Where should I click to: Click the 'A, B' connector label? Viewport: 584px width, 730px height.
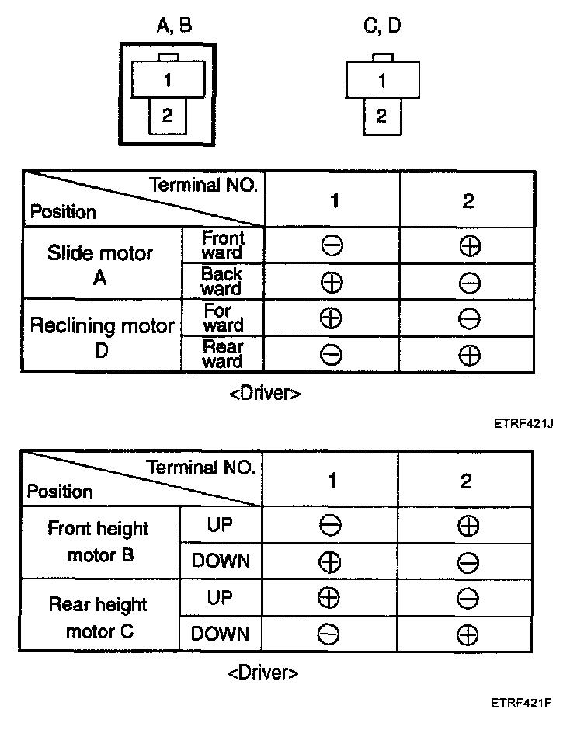pyautogui.click(x=174, y=26)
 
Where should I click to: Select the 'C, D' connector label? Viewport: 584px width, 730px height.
pyautogui.click(x=382, y=26)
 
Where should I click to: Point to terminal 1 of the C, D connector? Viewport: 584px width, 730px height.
pyautogui.click(x=381, y=80)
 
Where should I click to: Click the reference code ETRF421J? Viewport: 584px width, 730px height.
pyautogui.click(x=527, y=424)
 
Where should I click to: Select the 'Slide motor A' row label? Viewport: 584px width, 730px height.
pyautogui.click(x=100, y=264)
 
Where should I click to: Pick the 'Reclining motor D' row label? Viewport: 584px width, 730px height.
pyautogui.click(x=101, y=337)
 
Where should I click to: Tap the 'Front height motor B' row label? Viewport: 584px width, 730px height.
pyautogui.click(x=98, y=542)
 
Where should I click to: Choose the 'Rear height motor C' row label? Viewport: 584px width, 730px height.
pyautogui.click(x=98, y=617)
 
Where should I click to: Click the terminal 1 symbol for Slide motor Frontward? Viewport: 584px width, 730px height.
pyautogui.click(x=332, y=246)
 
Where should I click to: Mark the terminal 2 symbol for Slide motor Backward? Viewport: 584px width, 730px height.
pyautogui.click(x=468, y=283)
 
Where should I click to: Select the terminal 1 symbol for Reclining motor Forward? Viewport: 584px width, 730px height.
pyautogui.click(x=332, y=318)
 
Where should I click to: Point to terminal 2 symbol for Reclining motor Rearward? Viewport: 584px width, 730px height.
pyautogui.click(x=469, y=356)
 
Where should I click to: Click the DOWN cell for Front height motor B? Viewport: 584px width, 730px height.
pyautogui.click(x=221, y=561)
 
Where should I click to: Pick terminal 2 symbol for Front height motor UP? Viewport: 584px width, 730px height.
pyautogui.click(x=468, y=526)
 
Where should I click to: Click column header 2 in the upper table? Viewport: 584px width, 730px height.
pyautogui.click(x=468, y=201)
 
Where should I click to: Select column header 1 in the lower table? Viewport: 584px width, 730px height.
pyautogui.click(x=332, y=481)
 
